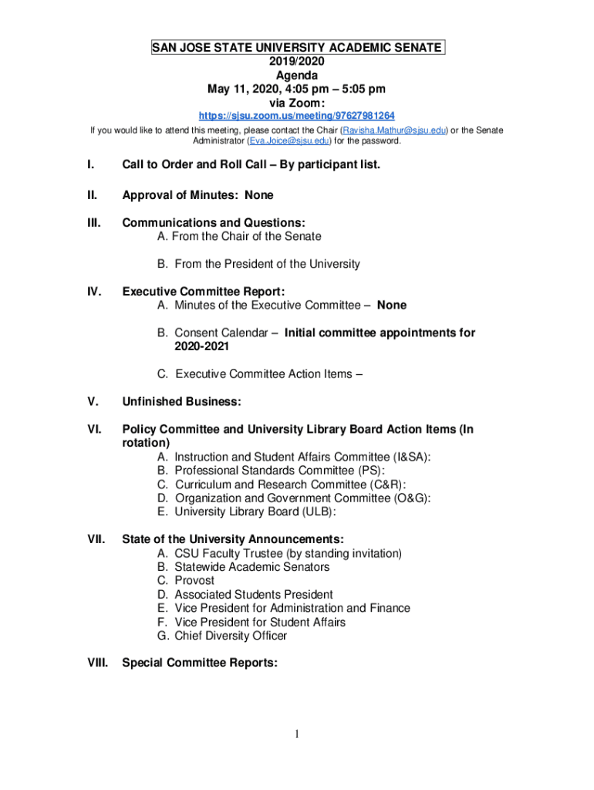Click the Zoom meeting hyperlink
point(297,116)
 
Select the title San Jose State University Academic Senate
point(297,48)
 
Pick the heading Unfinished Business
point(182,401)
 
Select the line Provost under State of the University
point(194,580)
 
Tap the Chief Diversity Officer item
point(230,636)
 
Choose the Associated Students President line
point(253,594)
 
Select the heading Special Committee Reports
point(200,662)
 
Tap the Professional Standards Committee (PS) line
point(279,470)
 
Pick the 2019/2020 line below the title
point(297,62)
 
